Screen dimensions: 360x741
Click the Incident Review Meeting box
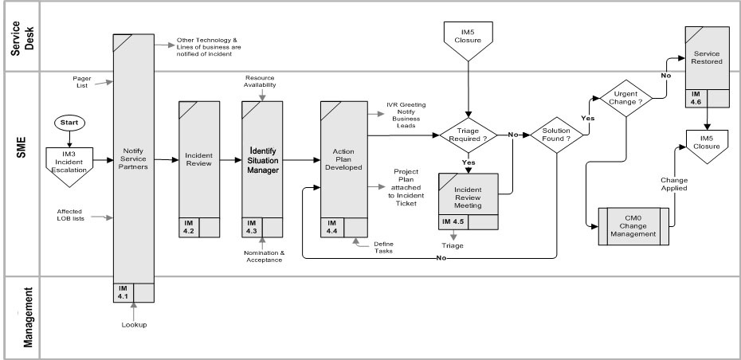pos(469,197)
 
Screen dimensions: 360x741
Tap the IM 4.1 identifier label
pos(123,292)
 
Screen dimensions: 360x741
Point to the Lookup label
pos(135,326)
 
